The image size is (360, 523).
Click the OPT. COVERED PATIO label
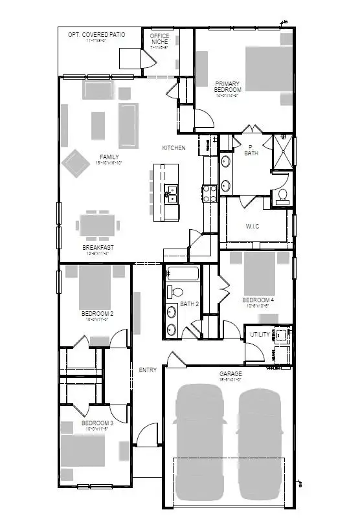pyautogui.click(x=96, y=34)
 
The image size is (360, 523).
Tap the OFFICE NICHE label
pyautogui.click(x=159, y=39)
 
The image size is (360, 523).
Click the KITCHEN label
pyautogui.click(x=174, y=148)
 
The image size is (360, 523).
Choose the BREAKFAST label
pyautogui.click(x=98, y=248)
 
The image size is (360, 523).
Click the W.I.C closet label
pyautogui.click(x=253, y=226)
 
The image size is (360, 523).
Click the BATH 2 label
pyautogui.click(x=188, y=304)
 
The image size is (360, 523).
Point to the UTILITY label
pyautogui.click(x=260, y=335)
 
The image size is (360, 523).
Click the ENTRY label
pyautogui.click(x=148, y=370)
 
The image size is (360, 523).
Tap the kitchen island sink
pyautogui.click(x=172, y=192)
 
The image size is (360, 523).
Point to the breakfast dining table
pyautogui.click(x=98, y=226)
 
